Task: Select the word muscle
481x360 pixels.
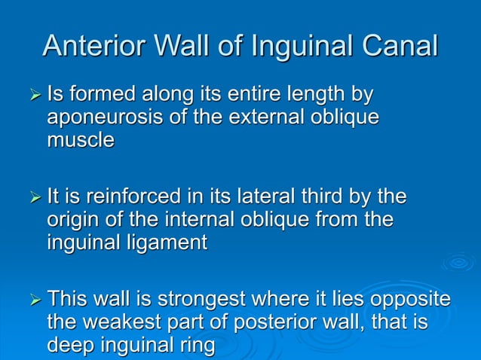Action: (x=80, y=140)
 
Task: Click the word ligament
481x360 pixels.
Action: (x=166, y=243)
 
